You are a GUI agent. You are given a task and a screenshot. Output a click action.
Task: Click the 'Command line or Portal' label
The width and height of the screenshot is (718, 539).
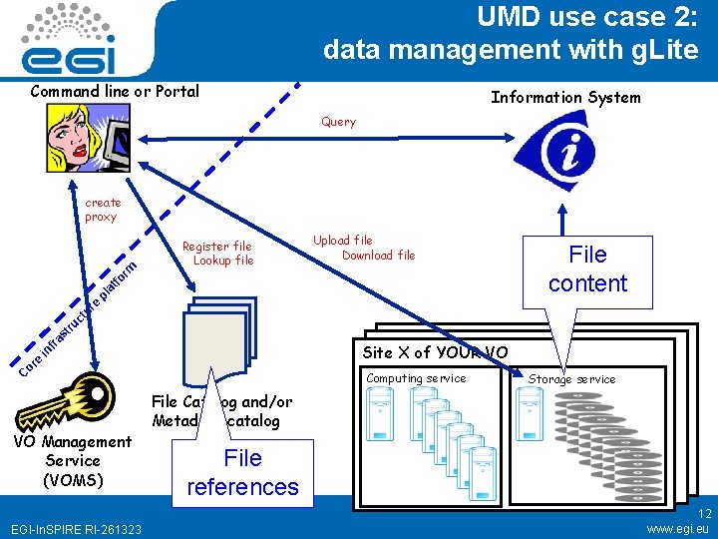[x=115, y=92]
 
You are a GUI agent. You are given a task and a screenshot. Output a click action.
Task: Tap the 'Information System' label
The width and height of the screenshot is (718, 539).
[x=565, y=97]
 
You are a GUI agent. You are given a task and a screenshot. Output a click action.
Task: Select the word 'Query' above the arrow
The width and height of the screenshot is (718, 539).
[x=338, y=122]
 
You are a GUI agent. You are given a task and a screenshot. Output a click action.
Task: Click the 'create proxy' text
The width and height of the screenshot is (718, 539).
[x=101, y=210]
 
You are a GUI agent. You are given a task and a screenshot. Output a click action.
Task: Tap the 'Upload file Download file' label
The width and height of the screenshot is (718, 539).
[x=363, y=248]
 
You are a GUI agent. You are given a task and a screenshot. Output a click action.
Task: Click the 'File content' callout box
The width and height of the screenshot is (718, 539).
[x=587, y=269]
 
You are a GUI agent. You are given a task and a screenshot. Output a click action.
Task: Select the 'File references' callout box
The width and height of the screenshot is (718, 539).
[x=242, y=472]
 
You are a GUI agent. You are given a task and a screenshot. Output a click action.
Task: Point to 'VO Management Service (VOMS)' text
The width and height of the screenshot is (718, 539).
[x=72, y=460]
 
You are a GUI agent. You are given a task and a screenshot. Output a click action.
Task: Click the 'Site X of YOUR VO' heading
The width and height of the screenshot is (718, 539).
[x=435, y=352]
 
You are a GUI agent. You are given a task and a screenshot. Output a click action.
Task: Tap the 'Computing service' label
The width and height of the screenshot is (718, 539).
[x=416, y=378]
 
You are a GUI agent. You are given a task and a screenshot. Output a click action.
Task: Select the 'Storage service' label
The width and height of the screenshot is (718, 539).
[x=571, y=379]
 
